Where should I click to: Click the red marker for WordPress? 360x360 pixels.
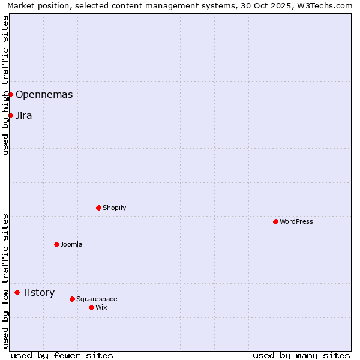(275, 221)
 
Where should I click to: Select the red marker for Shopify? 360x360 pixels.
(98, 208)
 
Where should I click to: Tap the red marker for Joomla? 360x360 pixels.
(56, 244)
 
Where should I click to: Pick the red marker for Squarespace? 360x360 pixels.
(72, 299)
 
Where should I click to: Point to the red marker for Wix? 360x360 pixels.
(91, 307)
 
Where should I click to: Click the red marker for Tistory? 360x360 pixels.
(17, 292)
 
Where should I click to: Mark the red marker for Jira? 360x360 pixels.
(10, 115)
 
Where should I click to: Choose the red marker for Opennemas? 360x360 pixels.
(10, 94)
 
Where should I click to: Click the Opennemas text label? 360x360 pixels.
(44, 94)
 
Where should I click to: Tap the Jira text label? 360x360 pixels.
(24, 115)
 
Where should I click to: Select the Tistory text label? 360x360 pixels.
(38, 292)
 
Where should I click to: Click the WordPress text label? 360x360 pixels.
(296, 221)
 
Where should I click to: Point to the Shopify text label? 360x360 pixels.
(114, 208)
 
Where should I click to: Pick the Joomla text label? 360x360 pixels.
(71, 244)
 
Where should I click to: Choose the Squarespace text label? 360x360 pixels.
(97, 299)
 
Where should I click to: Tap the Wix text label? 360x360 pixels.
(101, 307)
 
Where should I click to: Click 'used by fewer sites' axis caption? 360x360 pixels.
(62, 355)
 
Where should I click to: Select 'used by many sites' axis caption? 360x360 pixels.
(301, 355)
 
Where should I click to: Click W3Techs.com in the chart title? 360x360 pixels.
(326, 5)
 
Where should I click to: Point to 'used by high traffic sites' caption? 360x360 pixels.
(5, 85)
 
